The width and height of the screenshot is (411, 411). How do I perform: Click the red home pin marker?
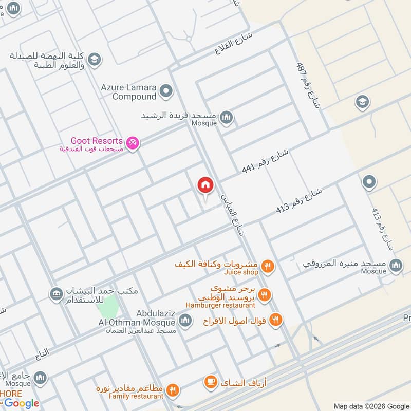(205, 185)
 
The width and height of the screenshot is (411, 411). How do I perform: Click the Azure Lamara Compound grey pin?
(166, 92)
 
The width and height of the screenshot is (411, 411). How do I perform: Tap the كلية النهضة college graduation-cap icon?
(94, 60)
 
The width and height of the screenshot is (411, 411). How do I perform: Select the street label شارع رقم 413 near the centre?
(299, 201)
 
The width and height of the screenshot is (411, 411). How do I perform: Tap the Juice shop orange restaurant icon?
(267, 266)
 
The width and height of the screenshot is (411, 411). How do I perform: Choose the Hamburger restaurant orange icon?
(265, 295)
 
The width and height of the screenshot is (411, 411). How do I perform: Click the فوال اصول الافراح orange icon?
(276, 320)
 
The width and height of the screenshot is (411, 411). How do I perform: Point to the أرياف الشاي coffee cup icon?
(210, 382)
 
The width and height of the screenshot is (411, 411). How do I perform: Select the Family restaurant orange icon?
(173, 390)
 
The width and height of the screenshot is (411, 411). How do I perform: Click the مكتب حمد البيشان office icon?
(55, 294)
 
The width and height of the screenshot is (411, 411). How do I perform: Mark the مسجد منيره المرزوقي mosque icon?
(396, 266)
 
